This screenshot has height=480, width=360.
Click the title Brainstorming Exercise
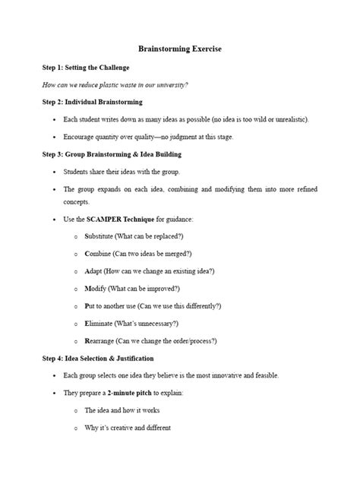point(179,49)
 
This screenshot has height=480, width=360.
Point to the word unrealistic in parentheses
point(285,120)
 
